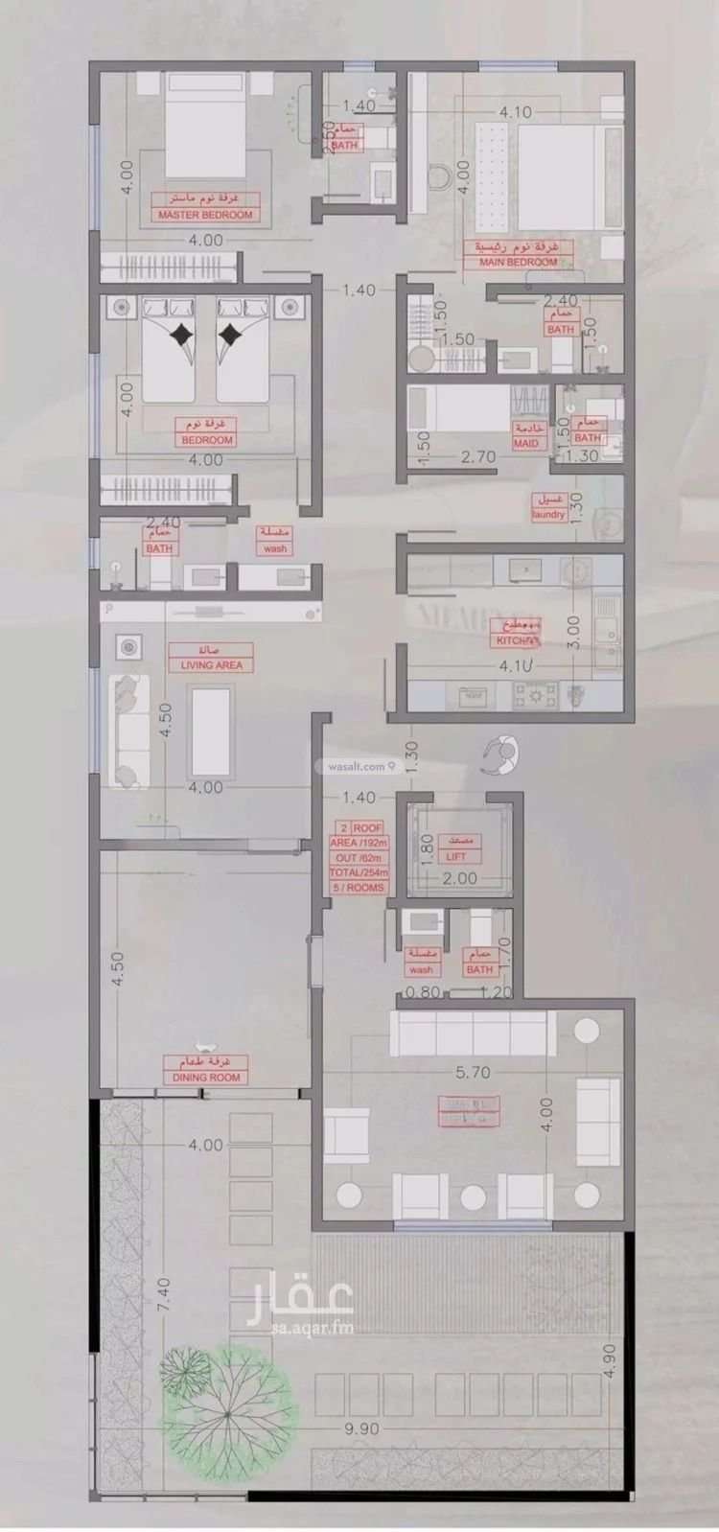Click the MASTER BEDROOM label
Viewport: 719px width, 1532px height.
coord(205,215)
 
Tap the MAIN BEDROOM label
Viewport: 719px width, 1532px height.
coord(518,262)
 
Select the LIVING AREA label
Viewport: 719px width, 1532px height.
coord(211,664)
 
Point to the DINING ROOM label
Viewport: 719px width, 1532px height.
coord(206,1077)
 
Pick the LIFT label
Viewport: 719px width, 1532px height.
coord(456,856)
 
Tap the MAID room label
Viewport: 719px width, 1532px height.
coord(526,443)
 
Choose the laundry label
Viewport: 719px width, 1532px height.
coord(548,514)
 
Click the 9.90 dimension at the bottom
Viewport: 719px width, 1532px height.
coord(361,1428)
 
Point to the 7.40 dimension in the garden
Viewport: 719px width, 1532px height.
coord(165,1294)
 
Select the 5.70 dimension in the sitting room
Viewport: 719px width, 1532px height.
coord(473,1073)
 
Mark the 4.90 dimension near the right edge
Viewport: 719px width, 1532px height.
coord(611,1360)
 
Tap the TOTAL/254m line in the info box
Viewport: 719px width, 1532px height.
coord(359,872)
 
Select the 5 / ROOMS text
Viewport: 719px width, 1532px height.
coord(359,888)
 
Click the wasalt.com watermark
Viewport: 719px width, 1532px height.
coord(357,766)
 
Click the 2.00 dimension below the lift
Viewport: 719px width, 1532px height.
coord(460,878)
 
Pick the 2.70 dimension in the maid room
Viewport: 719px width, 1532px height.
coord(477,457)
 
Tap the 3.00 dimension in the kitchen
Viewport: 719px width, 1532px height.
coord(573,633)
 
